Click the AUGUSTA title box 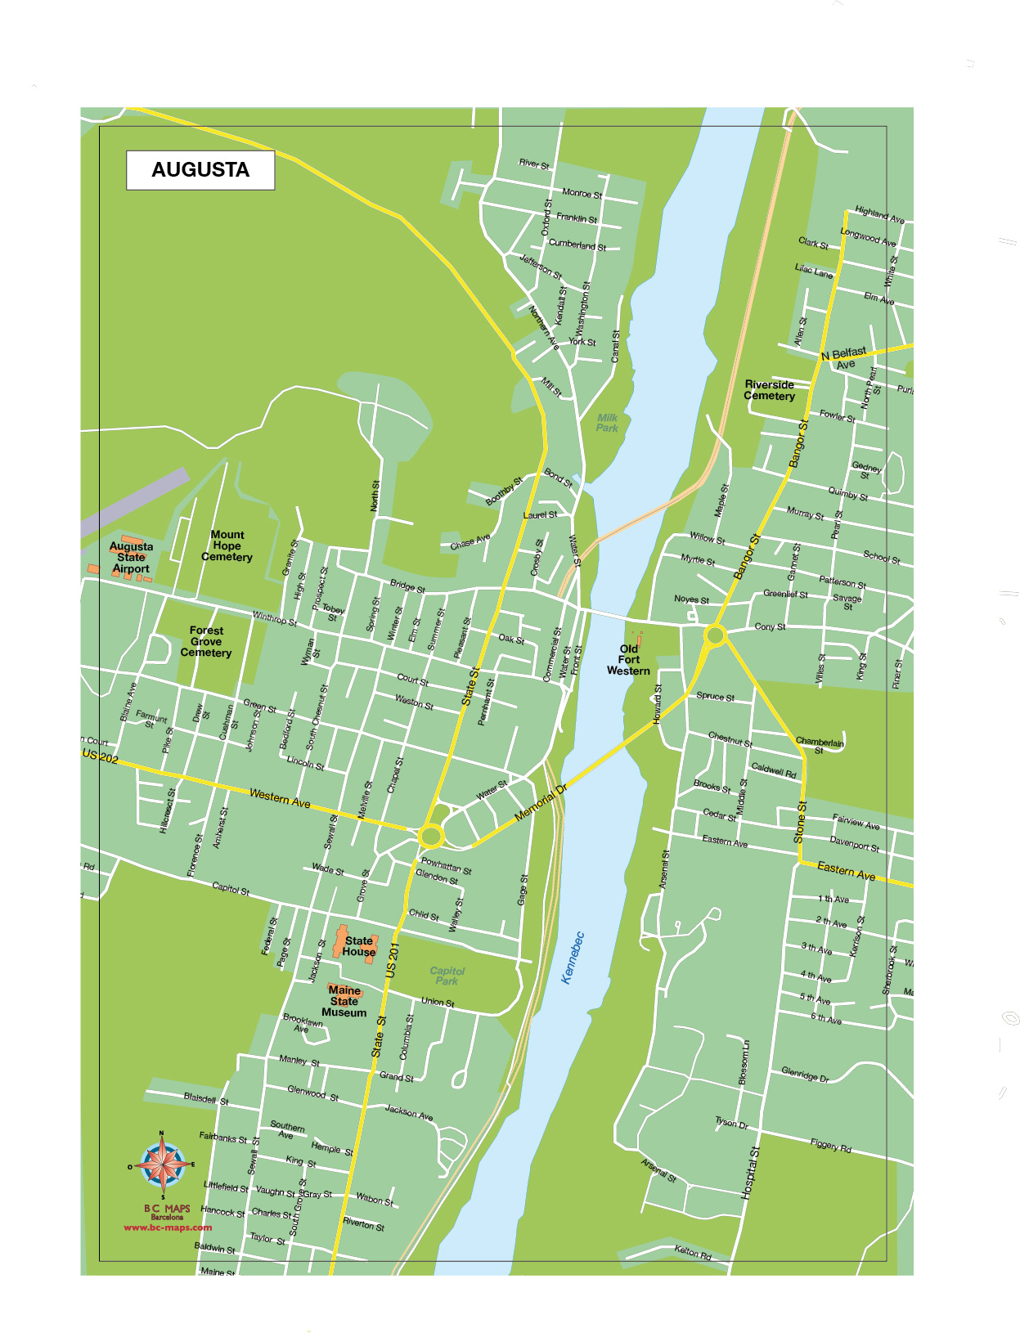(200, 170)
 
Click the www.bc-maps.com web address (168, 1228)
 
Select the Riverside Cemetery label (769, 390)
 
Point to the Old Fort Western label (628, 660)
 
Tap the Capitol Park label (447, 976)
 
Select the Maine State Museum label (344, 1001)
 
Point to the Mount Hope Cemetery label (227, 545)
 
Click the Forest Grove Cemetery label (206, 642)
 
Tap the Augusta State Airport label (131, 557)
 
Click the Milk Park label (607, 423)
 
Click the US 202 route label (101, 756)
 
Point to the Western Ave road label (280, 798)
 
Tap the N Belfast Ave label (844, 357)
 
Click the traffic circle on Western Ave (431, 836)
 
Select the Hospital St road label (750, 1173)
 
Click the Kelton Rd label (692, 1252)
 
